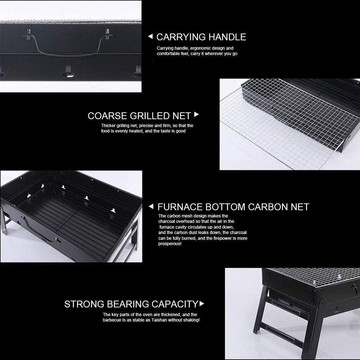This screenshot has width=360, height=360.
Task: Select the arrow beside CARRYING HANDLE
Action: point(150,36)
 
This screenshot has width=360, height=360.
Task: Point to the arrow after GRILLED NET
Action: point(196,115)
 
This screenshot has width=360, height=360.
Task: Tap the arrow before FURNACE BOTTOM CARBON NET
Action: point(151,207)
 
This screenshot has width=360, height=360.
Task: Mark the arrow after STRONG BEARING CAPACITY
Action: point(202,304)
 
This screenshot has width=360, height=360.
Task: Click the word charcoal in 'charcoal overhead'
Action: point(167,221)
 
